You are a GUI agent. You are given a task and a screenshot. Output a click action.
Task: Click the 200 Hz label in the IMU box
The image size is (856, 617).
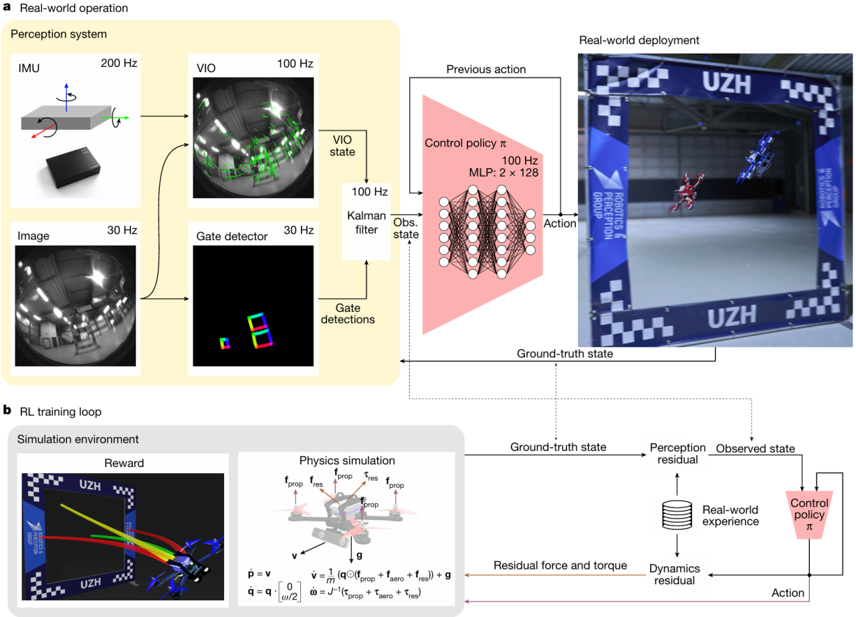pyautogui.click(x=119, y=63)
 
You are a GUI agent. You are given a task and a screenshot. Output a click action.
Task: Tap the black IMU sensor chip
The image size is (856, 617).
pyautogui.click(x=73, y=167)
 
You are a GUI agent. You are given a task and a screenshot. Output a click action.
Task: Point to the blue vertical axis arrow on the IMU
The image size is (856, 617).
pyautogui.click(x=66, y=97)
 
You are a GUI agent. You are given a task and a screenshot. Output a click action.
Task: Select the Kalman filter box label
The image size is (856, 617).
pyautogui.click(x=366, y=222)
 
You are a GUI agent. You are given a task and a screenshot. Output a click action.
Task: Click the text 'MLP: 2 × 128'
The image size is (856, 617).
pyautogui.click(x=504, y=173)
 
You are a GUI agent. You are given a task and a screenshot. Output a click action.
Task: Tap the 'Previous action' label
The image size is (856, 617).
pyautogui.click(x=486, y=69)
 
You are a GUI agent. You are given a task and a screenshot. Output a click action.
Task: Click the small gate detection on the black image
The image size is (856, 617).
pyautogui.click(x=225, y=343)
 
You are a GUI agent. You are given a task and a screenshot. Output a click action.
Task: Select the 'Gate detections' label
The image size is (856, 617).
pyautogui.click(x=348, y=313)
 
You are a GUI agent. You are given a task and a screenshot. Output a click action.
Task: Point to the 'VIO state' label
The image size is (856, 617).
pyautogui.click(x=342, y=146)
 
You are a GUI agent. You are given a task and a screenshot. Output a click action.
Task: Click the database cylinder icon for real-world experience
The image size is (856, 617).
pyautogui.click(x=677, y=515)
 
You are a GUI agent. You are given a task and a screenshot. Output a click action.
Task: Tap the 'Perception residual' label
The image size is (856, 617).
pyautogui.click(x=677, y=454)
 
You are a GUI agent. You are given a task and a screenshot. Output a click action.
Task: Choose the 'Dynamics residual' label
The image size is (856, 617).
pyautogui.click(x=675, y=574)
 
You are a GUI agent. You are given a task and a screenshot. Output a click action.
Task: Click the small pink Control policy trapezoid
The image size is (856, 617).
pyautogui.click(x=809, y=515)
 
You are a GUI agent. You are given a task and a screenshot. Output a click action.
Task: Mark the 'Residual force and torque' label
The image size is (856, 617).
pyautogui.click(x=560, y=565)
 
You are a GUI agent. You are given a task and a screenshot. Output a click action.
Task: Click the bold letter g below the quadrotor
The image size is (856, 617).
pyautogui.click(x=359, y=555)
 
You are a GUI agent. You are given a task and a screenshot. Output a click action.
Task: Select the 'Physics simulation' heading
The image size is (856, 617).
pyautogui.click(x=347, y=460)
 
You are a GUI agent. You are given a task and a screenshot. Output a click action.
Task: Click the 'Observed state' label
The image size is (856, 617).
pyautogui.click(x=756, y=448)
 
